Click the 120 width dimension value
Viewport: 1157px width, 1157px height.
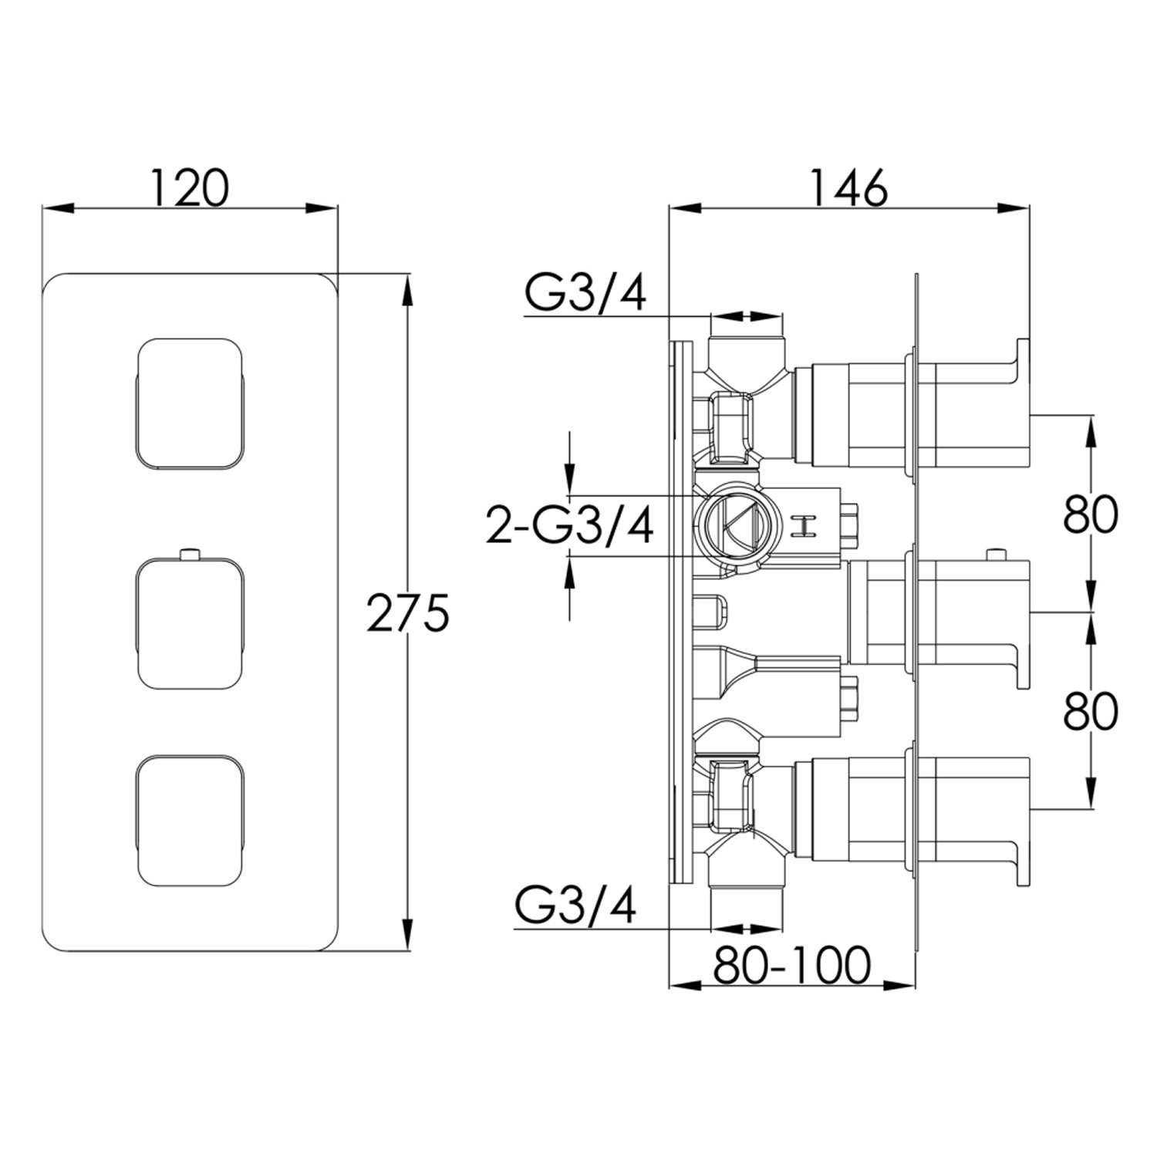click(x=189, y=188)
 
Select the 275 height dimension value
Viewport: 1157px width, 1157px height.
click(x=406, y=612)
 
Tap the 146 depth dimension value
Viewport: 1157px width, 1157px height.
click(x=848, y=188)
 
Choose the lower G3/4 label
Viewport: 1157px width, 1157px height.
click(x=575, y=906)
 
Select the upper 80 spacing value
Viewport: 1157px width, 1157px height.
click(x=1090, y=514)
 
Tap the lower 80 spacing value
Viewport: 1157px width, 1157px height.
click(x=1090, y=711)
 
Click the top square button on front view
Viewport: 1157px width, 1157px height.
click(x=190, y=403)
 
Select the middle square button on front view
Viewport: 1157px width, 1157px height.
click(x=190, y=623)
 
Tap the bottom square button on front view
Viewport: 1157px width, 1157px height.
click(x=190, y=821)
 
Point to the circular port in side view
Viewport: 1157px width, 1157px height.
click(x=729, y=526)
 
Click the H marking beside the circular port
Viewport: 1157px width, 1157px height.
click(x=804, y=526)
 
